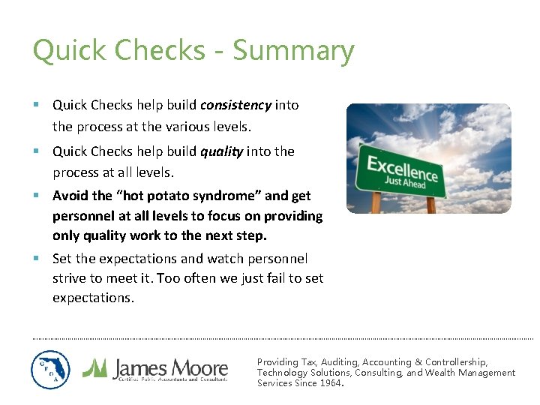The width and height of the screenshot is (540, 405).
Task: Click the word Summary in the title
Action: point(293,51)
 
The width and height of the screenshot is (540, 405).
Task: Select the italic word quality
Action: point(221,151)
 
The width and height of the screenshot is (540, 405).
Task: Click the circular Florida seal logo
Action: point(50,370)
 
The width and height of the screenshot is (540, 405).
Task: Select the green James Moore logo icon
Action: point(94,367)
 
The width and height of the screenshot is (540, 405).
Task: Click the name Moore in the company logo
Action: point(198,367)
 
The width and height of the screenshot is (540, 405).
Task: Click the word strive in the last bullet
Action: point(68,278)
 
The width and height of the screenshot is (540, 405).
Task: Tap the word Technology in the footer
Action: point(282,373)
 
